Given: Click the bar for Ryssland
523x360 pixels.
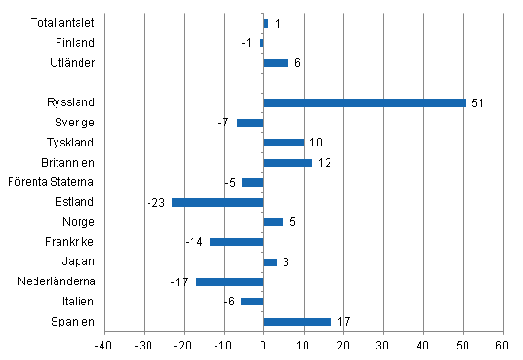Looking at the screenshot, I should [x=364, y=102].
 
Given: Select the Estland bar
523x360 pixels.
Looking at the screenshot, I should [x=217, y=202].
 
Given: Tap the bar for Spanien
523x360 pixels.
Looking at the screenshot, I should [x=297, y=322].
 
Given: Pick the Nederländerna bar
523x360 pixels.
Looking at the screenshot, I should [x=230, y=281].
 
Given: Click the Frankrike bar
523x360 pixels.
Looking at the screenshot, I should [x=236, y=242].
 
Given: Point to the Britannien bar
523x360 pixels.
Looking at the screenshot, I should [x=287, y=163].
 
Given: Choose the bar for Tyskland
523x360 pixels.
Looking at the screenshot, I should [x=284, y=143].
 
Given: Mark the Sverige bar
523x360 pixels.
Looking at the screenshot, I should [x=249, y=123].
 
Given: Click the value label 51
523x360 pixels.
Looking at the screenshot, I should [x=477, y=102].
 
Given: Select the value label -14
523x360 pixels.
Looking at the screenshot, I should [x=195, y=242].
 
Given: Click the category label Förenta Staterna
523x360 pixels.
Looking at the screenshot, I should [x=51, y=182].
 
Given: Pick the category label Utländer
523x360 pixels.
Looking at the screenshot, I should [x=74, y=63].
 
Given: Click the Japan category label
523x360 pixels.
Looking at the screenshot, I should [x=80, y=261].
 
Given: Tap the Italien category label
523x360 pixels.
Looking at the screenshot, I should [x=79, y=302].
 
